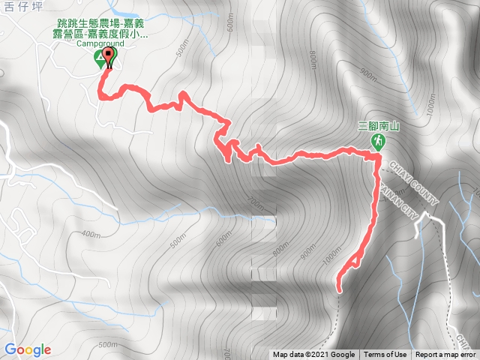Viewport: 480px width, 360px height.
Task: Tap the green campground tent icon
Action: point(100,58)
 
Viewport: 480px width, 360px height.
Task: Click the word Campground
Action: point(100,43)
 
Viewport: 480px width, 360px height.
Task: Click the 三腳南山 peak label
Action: point(379,127)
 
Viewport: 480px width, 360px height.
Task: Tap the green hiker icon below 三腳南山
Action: point(379,141)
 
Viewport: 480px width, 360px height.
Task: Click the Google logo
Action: point(27,349)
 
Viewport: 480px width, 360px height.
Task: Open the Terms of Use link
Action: point(385,355)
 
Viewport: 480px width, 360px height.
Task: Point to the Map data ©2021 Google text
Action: point(313,355)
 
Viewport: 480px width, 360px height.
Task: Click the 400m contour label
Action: point(90,234)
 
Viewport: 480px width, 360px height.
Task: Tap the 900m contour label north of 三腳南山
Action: point(367,73)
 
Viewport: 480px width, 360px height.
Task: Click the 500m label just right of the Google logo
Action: point(107,344)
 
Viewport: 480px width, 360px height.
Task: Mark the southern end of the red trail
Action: point(338,289)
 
